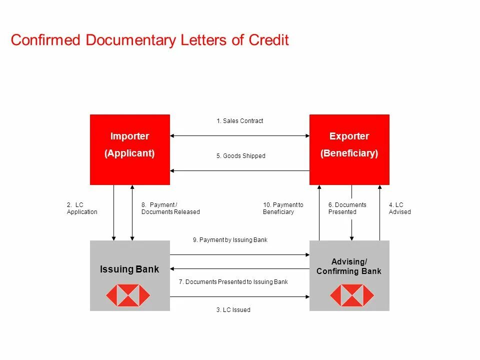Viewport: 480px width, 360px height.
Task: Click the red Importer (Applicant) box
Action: (x=129, y=149)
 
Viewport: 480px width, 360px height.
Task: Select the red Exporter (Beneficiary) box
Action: (x=349, y=149)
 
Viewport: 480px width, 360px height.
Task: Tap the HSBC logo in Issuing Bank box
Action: (x=127, y=295)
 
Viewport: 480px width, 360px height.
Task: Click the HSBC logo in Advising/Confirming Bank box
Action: (x=351, y=295)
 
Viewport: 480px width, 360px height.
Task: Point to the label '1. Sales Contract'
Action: (x=239, y=121)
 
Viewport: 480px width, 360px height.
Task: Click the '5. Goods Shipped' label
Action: (x=240, y=156)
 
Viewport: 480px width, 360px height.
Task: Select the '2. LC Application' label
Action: (x=82, y=208)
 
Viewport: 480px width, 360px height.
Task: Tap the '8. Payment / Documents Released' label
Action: (x=170, y=208)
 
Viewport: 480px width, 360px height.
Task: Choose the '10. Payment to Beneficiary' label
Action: (x=283, y=208)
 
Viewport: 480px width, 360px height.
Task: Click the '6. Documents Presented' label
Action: (x=347, y=208)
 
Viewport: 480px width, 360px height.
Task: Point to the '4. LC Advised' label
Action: (x=399, y=208)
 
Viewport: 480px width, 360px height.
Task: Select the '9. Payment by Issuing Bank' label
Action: (x=230, y=240)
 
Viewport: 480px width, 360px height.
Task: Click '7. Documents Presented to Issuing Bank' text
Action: (x=233, y=282)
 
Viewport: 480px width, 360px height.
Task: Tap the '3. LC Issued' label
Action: (x=233, y=310)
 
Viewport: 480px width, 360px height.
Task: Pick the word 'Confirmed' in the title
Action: (x=45, y=40)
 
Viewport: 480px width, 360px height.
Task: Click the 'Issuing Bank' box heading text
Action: (x=129, y=269)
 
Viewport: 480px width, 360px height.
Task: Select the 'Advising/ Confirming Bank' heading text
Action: (x=349, y=266)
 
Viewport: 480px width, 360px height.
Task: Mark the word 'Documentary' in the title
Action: (x=130, y=40)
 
